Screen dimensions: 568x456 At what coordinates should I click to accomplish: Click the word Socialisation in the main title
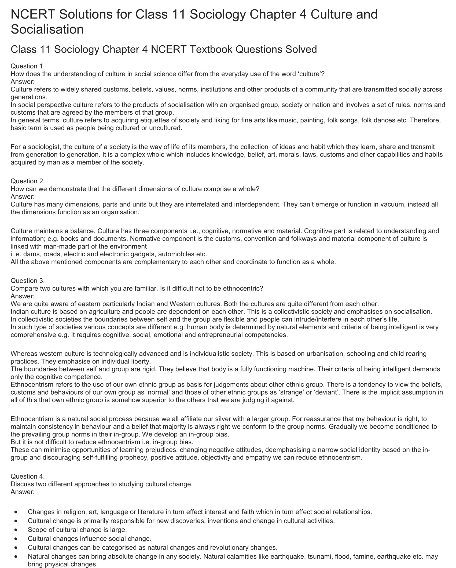pos(47,29)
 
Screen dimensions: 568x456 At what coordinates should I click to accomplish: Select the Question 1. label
pos(28,66)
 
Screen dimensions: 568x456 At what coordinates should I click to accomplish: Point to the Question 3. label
pos(28,281)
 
